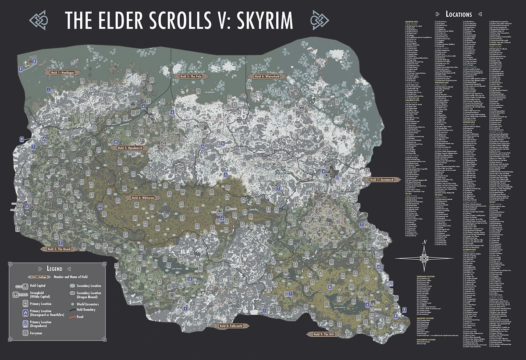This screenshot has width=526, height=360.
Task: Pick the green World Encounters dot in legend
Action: (71, 303)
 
